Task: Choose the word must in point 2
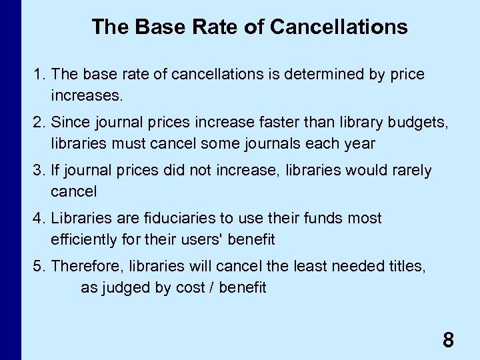click(x=123, y=144)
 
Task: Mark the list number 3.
click(x=38, y=171)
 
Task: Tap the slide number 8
click(x=448, y=341)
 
